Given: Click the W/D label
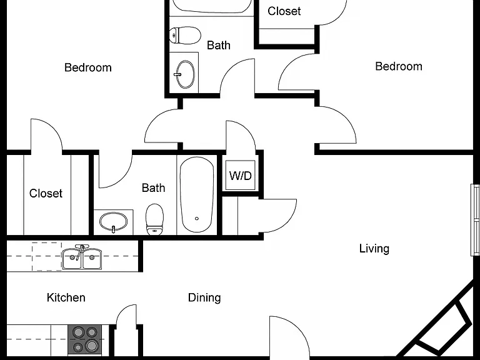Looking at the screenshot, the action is (240, 176).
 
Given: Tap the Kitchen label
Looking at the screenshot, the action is (66, 297).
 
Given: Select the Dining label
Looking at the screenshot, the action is (204, 297).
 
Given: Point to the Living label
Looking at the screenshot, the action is (374, 248).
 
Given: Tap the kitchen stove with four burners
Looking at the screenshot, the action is (84, 339).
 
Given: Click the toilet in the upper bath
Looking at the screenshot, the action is (185, 35).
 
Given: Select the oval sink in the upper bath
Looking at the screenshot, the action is (186, 74).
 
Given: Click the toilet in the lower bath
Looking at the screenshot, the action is (154, 220).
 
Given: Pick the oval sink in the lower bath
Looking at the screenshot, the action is (113, 222).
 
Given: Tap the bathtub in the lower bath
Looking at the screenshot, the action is (197, 195).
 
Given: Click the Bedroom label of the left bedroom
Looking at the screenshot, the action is (88, 67).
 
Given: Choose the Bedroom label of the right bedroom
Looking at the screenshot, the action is (399, 66).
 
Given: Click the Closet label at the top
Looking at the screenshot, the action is (284, 11).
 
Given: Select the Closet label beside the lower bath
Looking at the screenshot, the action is (46, 193).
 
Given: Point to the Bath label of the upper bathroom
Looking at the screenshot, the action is (219, 45).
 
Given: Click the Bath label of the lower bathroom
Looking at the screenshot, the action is (153, 187).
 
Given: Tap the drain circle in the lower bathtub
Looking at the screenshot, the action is (197, 219).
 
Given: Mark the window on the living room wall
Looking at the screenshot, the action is (476, 220).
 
